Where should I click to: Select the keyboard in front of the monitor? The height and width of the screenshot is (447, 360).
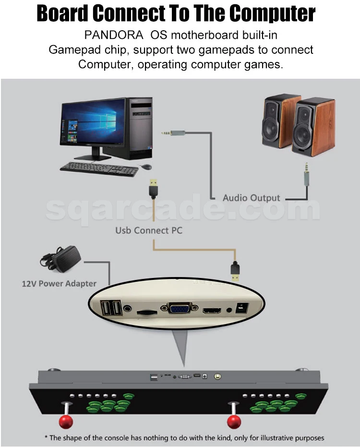pos(98,168)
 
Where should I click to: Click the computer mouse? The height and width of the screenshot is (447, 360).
pos(145,167)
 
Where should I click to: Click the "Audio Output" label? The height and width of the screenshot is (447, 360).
pos(251,198)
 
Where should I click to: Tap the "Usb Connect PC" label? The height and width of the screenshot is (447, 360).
pos(149,230)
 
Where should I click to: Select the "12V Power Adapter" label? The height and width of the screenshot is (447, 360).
pos(59,283)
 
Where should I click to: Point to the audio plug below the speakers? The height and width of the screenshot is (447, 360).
pos(306,176)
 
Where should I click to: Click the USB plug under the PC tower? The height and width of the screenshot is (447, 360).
pos(152,188)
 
